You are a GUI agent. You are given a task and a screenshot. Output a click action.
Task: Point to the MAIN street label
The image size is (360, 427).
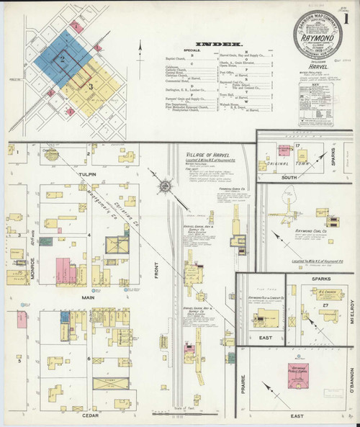click(x=88, y=296)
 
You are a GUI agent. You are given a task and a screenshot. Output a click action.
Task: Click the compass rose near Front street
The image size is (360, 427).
click(x=166, y=187)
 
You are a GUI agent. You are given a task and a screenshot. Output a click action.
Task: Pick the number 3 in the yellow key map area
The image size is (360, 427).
click(x=91, y=87)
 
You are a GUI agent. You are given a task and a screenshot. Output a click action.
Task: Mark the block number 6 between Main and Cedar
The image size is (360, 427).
click(x=89, y=358)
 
